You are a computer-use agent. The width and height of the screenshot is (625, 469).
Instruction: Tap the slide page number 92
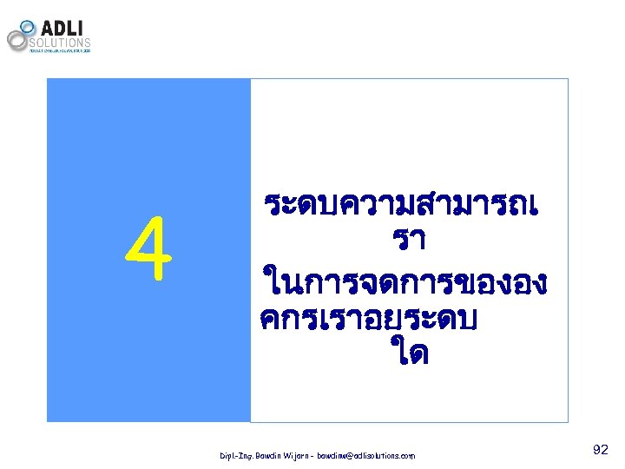click(600, 450)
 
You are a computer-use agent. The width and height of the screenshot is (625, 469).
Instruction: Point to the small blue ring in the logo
click(28, 27)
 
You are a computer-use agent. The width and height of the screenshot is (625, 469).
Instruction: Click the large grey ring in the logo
click(17, 40)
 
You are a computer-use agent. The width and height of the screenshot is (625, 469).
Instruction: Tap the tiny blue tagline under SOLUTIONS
click(60, 50)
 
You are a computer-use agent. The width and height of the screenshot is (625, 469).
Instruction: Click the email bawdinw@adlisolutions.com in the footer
click(366, 455)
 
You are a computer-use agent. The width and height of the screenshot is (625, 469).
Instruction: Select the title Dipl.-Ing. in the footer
click(235, 455)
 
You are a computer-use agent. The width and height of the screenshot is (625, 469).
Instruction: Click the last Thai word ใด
click(409, 354)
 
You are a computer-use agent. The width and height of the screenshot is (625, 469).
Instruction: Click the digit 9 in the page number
click(595, 450)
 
